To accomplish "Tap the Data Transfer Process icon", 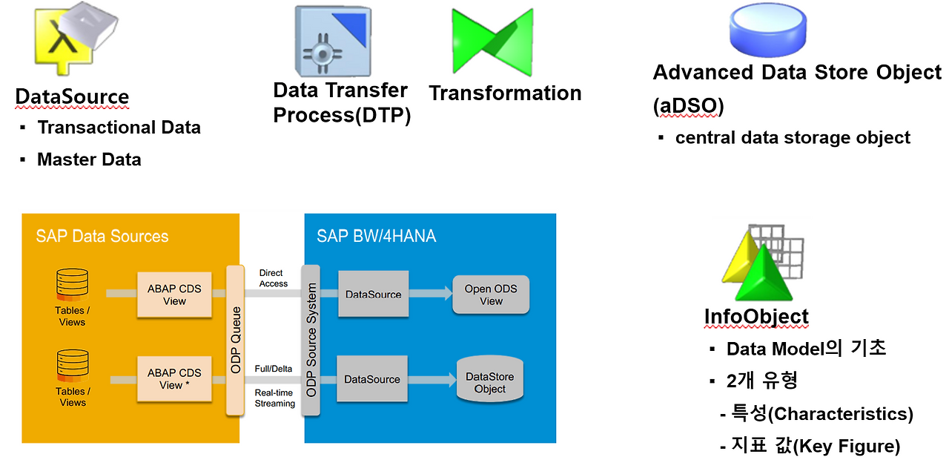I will click(x=331, y=43).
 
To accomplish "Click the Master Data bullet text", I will click(x=89, y=160).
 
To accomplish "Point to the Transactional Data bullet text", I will click(x=119, y=128).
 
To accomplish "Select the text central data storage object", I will click(x=792, y=138).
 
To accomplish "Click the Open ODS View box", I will click(x=491, y=295).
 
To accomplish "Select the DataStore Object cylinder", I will click(x=489, y=380).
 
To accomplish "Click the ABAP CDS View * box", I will click(x=174, y=379).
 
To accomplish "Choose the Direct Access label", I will click(x=274, y=278).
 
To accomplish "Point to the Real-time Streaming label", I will click(x=275, y=398).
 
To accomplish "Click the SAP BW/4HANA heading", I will click(x=376, y=237).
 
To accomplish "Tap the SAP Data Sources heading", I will click(x=102, y=237).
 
